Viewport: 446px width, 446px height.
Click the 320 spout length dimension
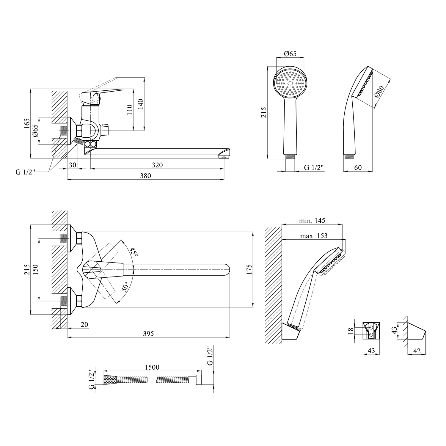(x=157, y=165)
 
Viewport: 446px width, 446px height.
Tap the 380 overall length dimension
(x=145, y=176)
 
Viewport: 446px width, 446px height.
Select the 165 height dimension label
(x=27, y=123)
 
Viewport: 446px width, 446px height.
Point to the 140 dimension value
(x=141, y=104)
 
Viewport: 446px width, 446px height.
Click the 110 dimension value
(x=129, y=110)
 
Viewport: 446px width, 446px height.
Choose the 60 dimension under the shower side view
(x=358, y=168)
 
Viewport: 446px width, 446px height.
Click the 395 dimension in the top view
(x=148, y=334)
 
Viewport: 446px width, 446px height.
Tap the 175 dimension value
(x=249, y=269)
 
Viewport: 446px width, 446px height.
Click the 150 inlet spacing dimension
(x=35, y=269)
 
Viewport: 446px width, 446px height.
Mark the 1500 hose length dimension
(x=152, y=368)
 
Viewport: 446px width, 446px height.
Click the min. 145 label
(x=312, y=221)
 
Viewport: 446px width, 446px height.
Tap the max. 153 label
(x=314, y=236)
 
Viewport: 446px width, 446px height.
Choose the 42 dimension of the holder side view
(x=417, y=351)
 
